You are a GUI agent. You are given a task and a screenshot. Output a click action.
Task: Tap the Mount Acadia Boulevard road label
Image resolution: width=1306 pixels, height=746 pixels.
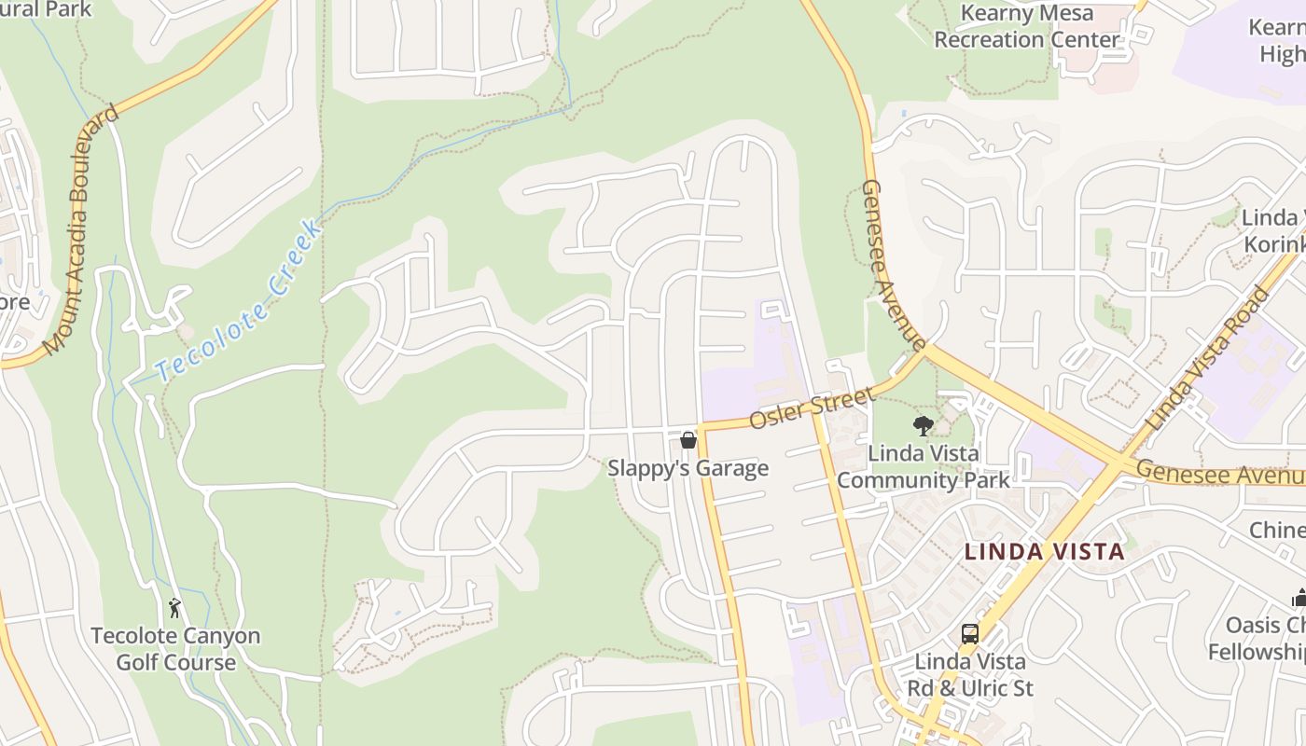click(82, 229)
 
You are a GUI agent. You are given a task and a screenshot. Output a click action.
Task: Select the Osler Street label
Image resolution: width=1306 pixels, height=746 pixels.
click(812, 408)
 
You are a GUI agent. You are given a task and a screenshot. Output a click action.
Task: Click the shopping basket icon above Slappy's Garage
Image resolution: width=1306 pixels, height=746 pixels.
click(688, 439)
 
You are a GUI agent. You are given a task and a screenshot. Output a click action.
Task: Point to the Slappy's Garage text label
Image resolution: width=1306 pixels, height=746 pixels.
click(688, 468)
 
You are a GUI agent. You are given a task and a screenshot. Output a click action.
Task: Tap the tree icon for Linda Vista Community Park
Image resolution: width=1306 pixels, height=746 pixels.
click(924, 426)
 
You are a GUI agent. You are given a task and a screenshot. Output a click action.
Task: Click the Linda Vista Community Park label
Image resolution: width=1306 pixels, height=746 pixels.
click(924, 467)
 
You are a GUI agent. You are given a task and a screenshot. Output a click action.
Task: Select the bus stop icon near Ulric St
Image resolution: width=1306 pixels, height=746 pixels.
click(970, 634)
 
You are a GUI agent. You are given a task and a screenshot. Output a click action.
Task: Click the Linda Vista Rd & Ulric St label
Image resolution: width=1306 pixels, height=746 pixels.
click(970, 675)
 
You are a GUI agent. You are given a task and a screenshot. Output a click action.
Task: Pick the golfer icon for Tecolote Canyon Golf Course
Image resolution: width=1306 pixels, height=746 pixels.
click(174, 608)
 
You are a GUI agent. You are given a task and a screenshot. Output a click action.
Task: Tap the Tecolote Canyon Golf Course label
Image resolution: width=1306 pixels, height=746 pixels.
click(175, 649)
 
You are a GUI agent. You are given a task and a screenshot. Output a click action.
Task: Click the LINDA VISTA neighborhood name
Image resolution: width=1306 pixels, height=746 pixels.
click(1045, 551)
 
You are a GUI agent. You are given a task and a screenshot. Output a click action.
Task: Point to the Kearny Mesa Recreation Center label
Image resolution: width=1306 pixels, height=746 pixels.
click(1026, 26)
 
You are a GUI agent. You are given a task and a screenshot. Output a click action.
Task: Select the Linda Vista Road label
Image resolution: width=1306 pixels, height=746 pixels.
click(1208, 359)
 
